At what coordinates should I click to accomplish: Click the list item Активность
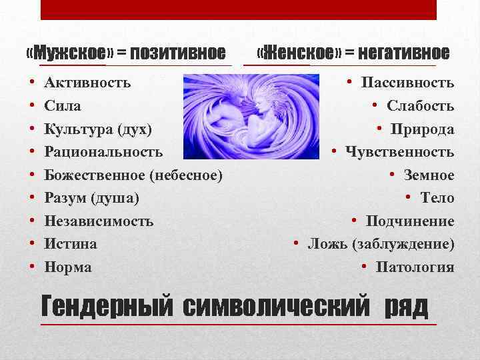point(87,83)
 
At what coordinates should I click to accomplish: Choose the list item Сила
point(63,106)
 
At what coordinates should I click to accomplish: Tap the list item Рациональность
point(103,152)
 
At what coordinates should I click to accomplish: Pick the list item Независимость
point(99,221)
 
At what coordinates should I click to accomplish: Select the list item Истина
point(71,244)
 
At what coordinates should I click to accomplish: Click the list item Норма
point(68,267)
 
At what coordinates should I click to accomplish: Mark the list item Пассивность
point(407,83)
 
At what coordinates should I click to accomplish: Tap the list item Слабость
point(420,106)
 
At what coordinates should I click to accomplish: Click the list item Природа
point(423,129)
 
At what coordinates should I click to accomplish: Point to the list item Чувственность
point(399,152)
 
